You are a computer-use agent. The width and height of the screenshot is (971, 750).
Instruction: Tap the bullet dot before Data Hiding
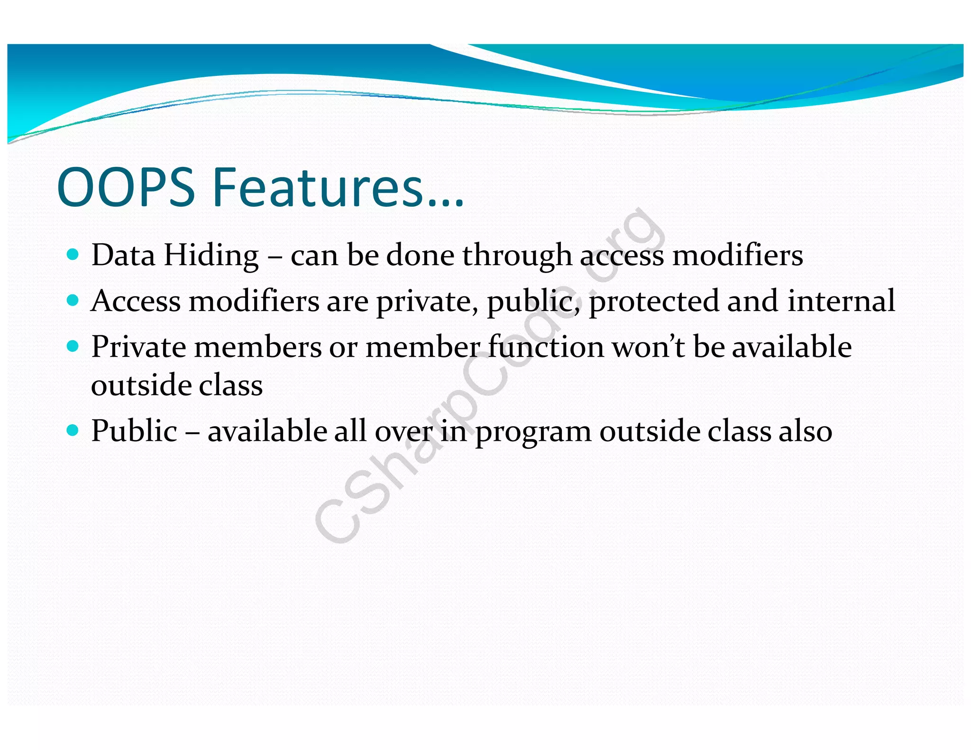(73, 255)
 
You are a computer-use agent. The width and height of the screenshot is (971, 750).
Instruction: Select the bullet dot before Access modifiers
(73, 300)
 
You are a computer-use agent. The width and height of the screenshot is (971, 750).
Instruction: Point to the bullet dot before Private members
(73, 346)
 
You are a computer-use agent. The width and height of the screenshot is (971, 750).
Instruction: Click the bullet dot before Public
(73, 430)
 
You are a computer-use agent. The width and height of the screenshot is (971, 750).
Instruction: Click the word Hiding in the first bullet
(211, 256)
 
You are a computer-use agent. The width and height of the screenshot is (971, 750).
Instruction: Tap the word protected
(653, 302)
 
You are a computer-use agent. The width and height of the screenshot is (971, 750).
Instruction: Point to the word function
(546, 347)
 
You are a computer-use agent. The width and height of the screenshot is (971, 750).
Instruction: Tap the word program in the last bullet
(533, 432)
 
